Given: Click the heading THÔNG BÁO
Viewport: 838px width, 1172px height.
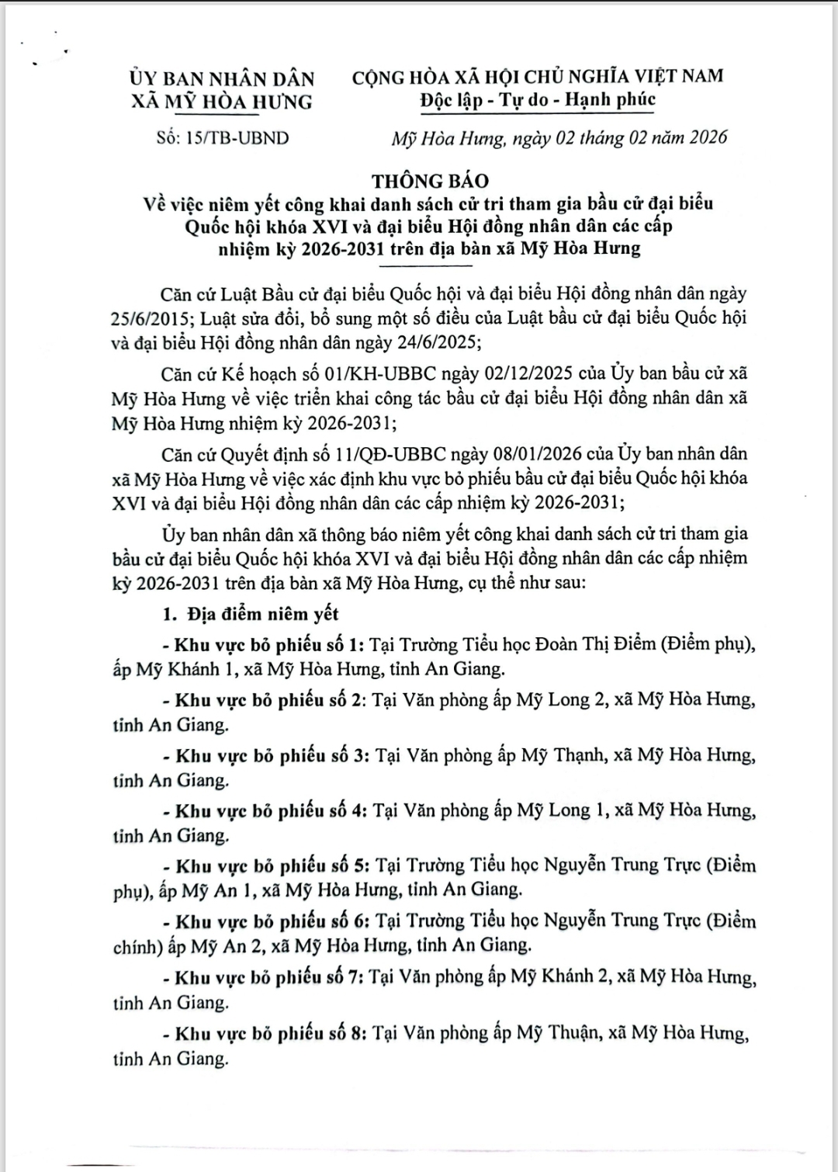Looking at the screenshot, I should (x=430, y=181).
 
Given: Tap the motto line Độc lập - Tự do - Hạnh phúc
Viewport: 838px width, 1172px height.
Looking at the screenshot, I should (x=538, y=100).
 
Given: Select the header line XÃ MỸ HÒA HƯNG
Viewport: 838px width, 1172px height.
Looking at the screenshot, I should (x=222, y=102).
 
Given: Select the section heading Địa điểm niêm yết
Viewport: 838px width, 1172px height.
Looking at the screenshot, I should (x=262, y=614).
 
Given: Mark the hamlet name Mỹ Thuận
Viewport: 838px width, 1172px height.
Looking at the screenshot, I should (x=557, y=1033).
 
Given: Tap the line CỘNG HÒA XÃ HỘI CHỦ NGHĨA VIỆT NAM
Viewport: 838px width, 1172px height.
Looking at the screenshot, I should (x=538, y=77).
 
